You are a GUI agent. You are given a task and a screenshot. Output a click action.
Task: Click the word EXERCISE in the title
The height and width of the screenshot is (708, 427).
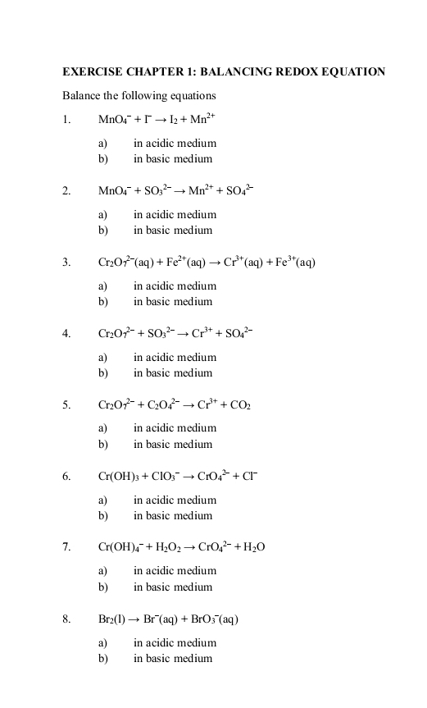pos(89,72)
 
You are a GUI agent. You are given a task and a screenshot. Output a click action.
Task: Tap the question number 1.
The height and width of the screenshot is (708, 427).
pos(66,120)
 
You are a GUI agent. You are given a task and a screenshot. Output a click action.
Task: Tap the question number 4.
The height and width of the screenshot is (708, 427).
pos(66,334)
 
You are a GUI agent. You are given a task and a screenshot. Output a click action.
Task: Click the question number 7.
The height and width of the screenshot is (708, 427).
pos(66,547)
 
